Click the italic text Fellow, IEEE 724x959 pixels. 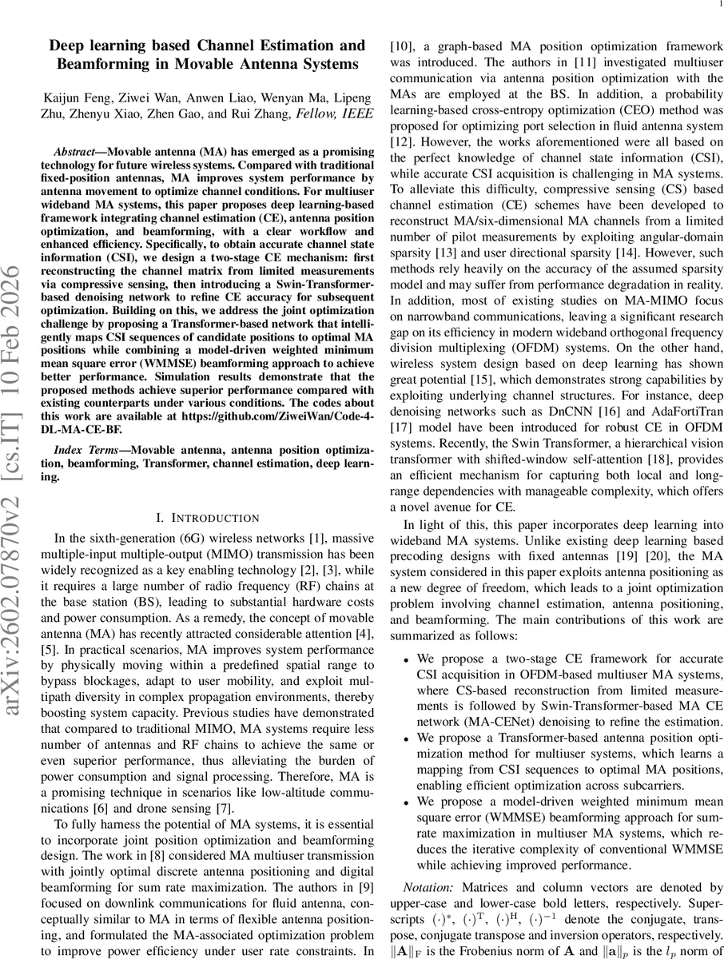pos(330,113)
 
